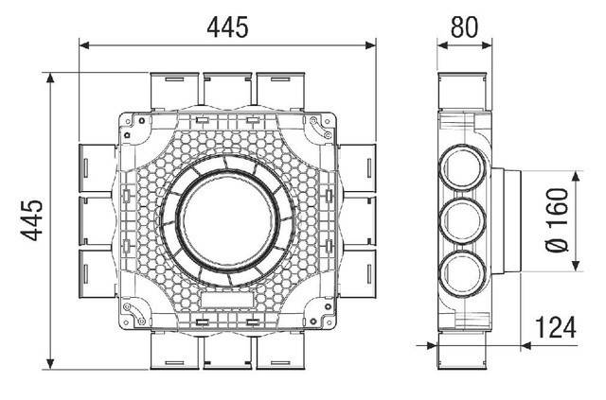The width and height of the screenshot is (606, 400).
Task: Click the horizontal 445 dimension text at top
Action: tap(227, 27)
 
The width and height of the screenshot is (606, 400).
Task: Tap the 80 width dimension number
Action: tap(464, 27)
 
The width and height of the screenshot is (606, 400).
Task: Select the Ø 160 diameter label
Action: tap(559, 219)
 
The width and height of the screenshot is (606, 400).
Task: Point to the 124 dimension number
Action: tap(556, 328)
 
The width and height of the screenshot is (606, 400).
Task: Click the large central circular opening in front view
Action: tap(227, 218)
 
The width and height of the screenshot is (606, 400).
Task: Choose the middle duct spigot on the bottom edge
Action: tap(227, 350)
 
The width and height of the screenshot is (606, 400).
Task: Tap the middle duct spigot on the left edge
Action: tap(97, 219)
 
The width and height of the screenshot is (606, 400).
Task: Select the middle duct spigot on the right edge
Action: tap(358, 219)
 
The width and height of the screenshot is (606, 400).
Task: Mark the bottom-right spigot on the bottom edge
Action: tap(280, 350)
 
